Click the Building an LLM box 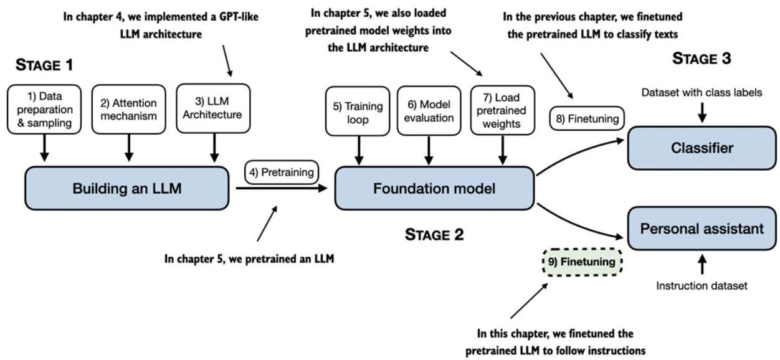coord(126,188)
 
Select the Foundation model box coord(434,188)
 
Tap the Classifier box coord(702,148)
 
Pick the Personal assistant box coord(702,229)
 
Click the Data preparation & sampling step coord(44,110)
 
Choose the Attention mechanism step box coord(128,110)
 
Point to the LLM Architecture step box coord(213,108)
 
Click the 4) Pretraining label coord(282,172)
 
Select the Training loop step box coord(358,111)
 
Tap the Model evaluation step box coord(429,111)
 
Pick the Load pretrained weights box coord(502,110)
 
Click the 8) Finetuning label coord(587,119)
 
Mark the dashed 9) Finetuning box coord(583,262)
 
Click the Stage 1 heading coord(44,65)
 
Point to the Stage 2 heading coord(434,235)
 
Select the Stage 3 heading coord(702,59)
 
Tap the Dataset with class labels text coord(702,93)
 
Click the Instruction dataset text coord(702,286)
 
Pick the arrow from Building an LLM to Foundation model coord(282,188)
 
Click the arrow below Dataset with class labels coord(702,113)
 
